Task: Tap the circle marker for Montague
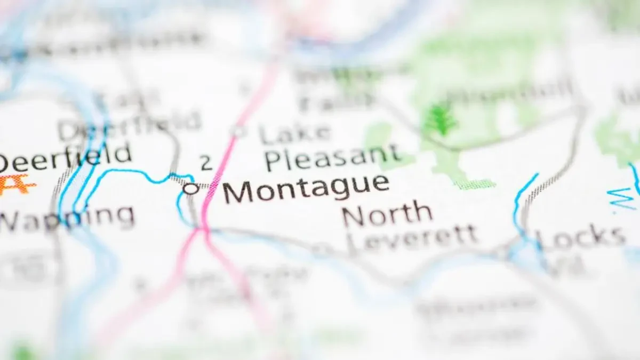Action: (x=190, y=188)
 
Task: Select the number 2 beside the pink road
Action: (x=206, y=163)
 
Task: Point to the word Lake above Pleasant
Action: (x=294, y=132)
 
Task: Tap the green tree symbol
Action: (x=440, y=121)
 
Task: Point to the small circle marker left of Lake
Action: (x=238, y=131)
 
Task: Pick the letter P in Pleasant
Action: (x=273, y=160)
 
